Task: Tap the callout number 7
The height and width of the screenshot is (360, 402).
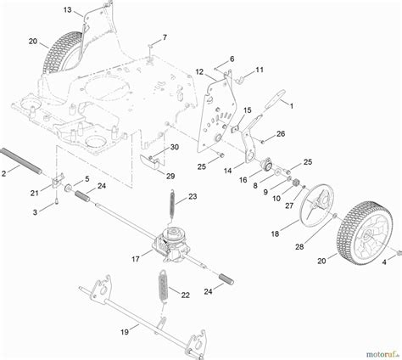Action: (x=165, y=37)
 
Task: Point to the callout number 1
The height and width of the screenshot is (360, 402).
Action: (x=293, y=105)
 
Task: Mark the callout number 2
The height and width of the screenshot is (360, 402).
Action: (x=4, y=172)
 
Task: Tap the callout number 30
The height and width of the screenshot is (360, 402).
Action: (x=175, y=148)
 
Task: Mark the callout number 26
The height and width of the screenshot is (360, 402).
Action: (x=281, y=133)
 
